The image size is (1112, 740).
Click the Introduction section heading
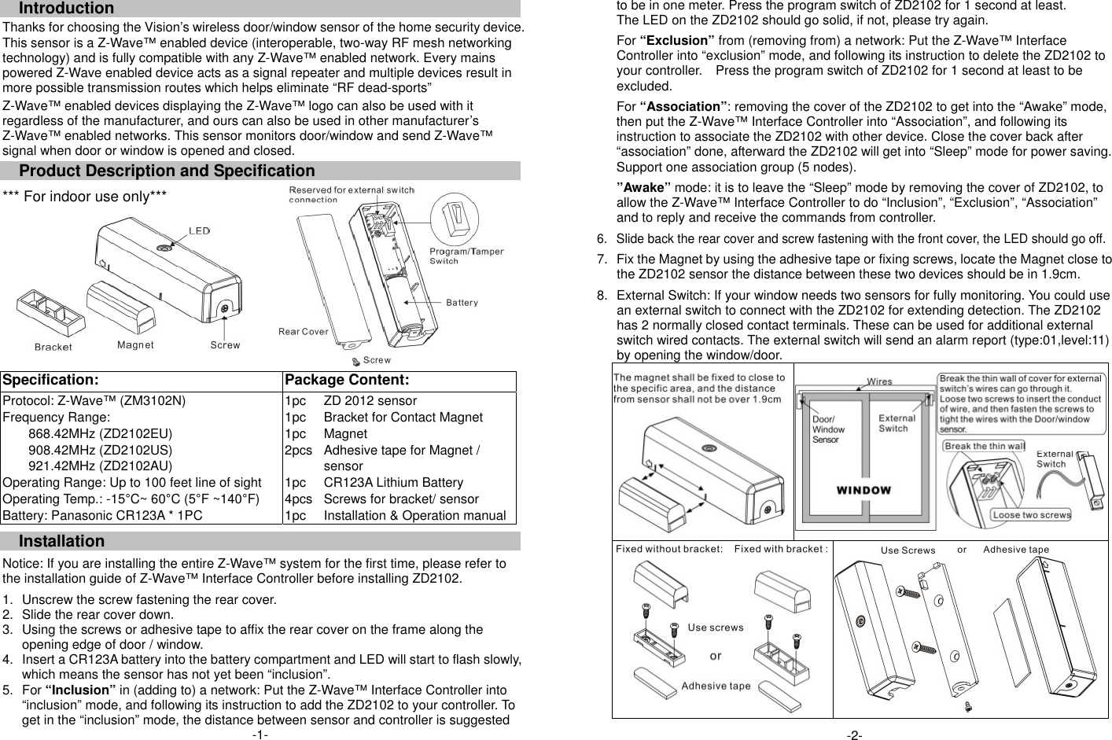(66, 9)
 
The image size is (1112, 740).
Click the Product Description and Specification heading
(166, 171)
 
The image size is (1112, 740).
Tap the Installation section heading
(61, 541)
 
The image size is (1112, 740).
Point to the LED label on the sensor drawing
(199, 230)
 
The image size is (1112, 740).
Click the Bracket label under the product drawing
(53, 347)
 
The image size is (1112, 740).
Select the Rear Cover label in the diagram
(303, 331)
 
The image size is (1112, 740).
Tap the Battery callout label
(462, 302)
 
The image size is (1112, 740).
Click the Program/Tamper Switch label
(466, 256)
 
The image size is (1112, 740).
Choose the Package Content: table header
(347, 381)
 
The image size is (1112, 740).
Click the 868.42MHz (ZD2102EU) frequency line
(100, 433)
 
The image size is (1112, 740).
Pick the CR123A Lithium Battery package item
(393, 482)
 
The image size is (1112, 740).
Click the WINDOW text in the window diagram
(863, 490)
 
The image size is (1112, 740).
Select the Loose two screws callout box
(1031, 515)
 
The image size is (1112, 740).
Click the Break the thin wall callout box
(984, 446)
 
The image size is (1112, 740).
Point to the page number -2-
(854, 734)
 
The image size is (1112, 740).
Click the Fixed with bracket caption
(780, 549)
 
